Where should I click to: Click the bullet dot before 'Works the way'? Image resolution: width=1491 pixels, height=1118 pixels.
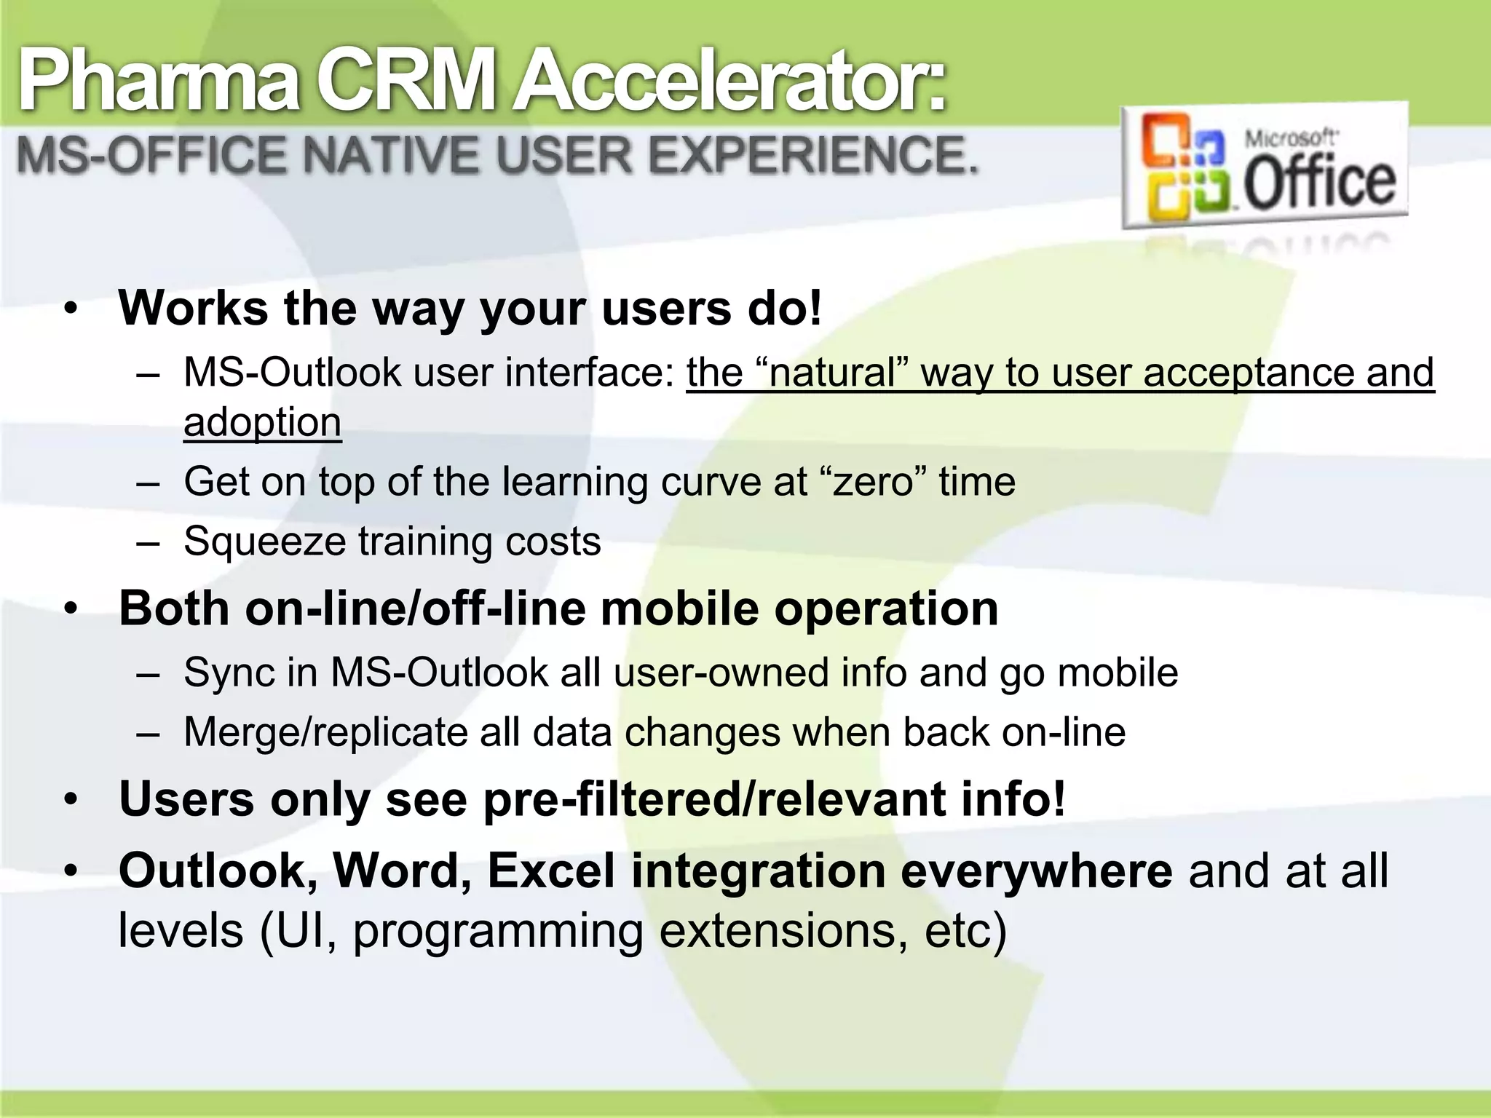(70, 309)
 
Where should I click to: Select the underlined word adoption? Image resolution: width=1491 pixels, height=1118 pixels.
(262, 422)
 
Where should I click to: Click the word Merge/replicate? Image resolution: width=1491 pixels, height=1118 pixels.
(325, 732)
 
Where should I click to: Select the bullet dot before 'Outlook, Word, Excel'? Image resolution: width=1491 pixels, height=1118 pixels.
(70, 872)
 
